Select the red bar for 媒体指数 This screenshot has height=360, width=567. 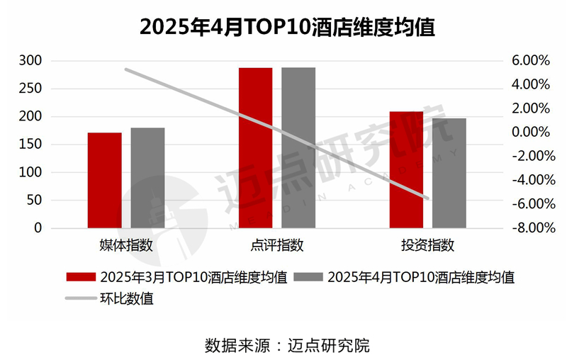pyautogui.click(x=104, y=180)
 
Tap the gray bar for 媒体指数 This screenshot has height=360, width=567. pyautogui.click(x=147, y=178)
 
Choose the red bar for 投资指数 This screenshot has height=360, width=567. pyautogui.click(x=406, y=169)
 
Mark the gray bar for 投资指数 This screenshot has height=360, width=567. pyautogui.click(x=449, y=173)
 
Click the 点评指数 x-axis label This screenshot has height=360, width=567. pyautogui.click(x=277, y=246)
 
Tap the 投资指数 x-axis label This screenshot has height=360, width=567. pyautogui.click(x=427, y=246)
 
